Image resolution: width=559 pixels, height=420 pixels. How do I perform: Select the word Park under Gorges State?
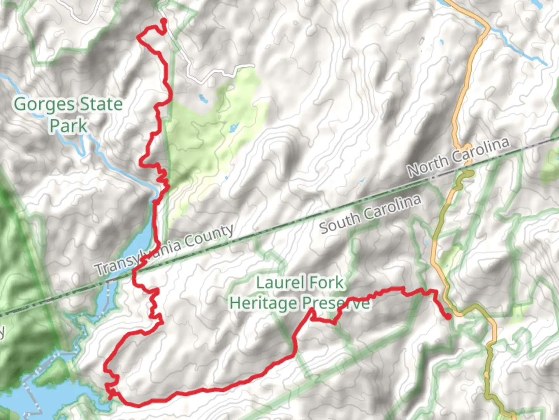pyautogui.click(x=69, y=126)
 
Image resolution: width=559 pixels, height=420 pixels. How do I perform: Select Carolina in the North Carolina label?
pyautogui.click(x=481, y=150)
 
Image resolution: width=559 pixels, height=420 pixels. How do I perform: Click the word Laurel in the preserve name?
pyautogui.click(x=278, y=283)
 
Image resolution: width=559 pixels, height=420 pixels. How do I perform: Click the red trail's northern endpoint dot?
pyautogui.click(x=163, y=21)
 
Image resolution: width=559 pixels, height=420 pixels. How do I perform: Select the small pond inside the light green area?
pyautogui.click(x=233, y=128)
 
